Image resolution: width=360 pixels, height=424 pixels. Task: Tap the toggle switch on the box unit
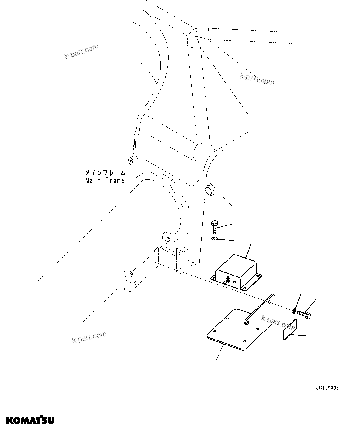(x=227, y=280)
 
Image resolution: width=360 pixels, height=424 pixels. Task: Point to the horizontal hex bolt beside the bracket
(x=305, y=315)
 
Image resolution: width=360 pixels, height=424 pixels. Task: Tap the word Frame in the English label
(x=115, y=180)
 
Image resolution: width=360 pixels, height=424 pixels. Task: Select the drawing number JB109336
(x=327, y=388)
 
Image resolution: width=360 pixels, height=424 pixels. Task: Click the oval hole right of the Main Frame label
(x=209, y=191)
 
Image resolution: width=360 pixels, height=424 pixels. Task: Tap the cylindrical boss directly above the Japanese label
(x=133, y=161)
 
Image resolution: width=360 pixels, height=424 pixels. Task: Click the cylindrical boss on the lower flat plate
(x=128, y=274)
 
